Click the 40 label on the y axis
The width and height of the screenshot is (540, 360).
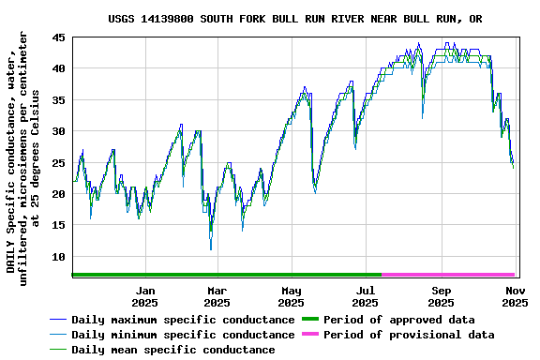pos(58,68)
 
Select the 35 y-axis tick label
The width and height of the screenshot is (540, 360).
pos(58,100)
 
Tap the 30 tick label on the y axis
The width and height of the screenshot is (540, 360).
pos(58,131)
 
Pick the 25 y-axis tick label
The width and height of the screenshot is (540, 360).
pos(58,163)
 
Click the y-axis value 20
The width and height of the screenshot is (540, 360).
pos(58,194)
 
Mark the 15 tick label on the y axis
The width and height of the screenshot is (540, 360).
pos(58,225)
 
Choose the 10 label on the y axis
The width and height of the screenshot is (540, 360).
pos(58,257)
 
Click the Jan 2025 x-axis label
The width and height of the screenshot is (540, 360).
pos(144,296)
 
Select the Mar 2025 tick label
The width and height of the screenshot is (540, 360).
pos(217,296)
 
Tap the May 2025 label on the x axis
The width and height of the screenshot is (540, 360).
pos(292,296)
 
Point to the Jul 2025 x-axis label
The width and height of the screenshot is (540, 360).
pos(367,296)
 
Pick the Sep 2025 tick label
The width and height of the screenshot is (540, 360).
pos(442,296)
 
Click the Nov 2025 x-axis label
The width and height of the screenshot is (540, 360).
pos(515,296)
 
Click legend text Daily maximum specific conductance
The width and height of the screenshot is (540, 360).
pos(183,320)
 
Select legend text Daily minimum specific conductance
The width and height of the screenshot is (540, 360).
pos(183,335)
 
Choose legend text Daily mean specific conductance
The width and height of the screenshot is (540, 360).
pos(173,350)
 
